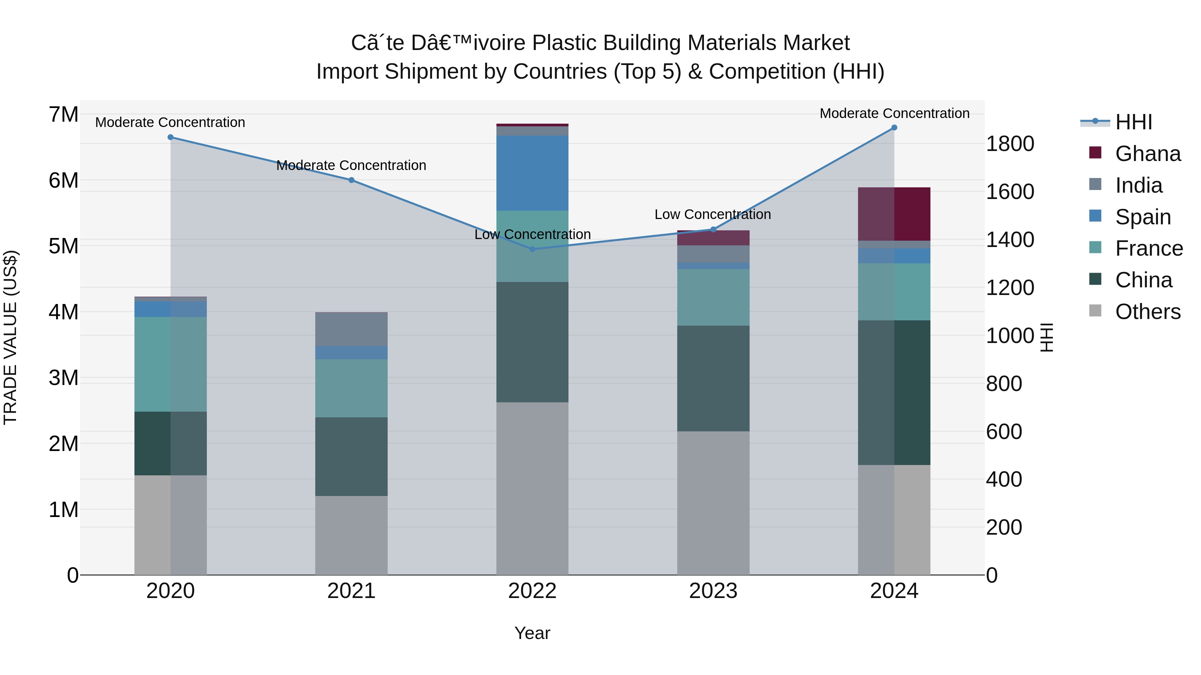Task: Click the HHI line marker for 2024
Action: coord(894,128)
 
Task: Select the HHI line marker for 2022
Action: coord(532,249)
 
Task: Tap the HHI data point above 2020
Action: coord(170,137)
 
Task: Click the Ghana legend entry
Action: coord(1147,154)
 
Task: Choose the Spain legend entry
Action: coord(1143,217)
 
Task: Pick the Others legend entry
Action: coord(1147,312)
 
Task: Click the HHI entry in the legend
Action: coord(1133,122)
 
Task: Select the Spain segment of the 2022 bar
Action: coord(532,173)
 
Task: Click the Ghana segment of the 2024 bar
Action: coord(894,214)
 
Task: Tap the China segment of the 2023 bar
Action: coord(713,378)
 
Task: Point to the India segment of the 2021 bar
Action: coord(352,329)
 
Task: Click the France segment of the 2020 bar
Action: coord(170,364)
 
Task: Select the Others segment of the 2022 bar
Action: coord(532,488)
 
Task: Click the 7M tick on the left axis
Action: coord(63,115)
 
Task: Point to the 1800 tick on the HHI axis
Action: coord(1010,144)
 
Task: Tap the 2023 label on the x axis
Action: coord(713,591)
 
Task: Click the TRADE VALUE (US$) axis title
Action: coord(11,337)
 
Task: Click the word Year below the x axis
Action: coord(532,633)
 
